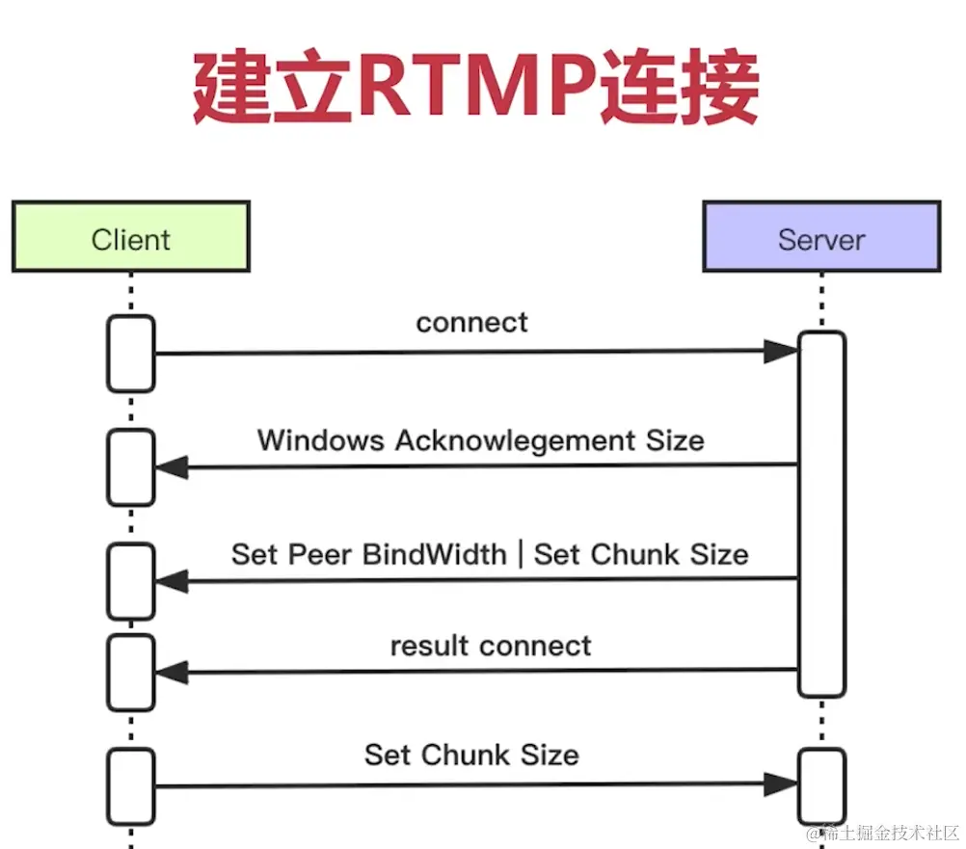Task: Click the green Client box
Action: click(x=131, y=237)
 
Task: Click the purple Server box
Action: click(x=821, y=237)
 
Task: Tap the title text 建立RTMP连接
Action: click(x=476, y=90)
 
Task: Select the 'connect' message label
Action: click(x=471, y=322)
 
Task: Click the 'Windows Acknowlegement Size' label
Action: click(x=480, y=440)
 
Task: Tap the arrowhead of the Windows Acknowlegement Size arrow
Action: click(x=172, y=468)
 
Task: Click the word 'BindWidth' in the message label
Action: click(x=434, y=554)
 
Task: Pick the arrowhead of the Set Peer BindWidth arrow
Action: click(x=172, y=581)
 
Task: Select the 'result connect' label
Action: click(x=490, y=645)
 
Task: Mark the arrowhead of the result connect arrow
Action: click(x=172, y=672)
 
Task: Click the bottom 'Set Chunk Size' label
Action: click(x=471, y=754)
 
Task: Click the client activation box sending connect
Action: click(x=131, y=353)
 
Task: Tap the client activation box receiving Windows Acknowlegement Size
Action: click(x=131, y=467)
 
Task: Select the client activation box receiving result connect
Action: click(x=131, y=672)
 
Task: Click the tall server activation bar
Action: click(x=821, y=514)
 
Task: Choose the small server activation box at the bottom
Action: click(x=821, y=785)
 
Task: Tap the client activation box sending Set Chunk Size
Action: click(x=131, y=785)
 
